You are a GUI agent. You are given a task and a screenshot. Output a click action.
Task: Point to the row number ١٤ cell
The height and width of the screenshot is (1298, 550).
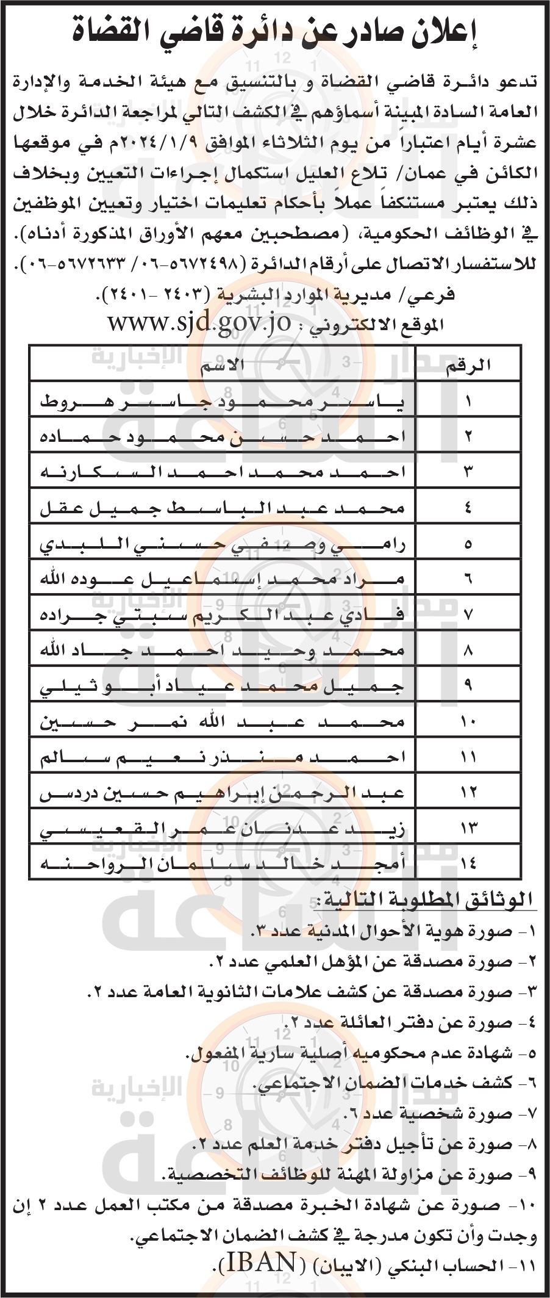468,863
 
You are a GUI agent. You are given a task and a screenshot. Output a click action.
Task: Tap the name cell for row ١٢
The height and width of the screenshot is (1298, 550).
221,793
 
